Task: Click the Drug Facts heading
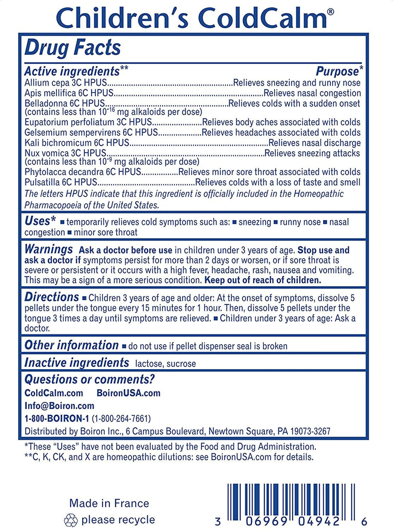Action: pyautogui.click(x=73, y=48)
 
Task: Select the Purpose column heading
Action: pyautogui.click(x=337, y=71)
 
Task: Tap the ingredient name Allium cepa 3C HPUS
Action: pyautogui.click(x=65, y=83)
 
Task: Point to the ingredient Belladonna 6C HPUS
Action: pyautogui.click(x=64, y=103)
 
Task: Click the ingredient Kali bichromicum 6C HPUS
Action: pyautogui.click(x=77, y=143)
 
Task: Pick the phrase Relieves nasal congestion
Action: pyautogui.click(x=312, y=93)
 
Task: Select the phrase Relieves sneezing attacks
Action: pyautogui.click(x=312, y=153)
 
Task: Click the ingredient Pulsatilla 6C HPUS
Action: pyautogui.click(x=61, y=182)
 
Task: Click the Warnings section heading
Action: pyautogui.click(x=48, y=250)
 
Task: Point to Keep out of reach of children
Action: pyautogui.click(x=263, y=280)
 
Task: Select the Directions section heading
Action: pyautogui.click(x=51, y=297)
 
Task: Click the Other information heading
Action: pyautogui.click(x=71, y=345)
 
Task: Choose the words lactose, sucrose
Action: pyautogui.click(x=165, y=364)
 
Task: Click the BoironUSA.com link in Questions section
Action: pyautogui.click(x=129, y=393)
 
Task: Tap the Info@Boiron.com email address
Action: pyautogui.click(x=59, y=406)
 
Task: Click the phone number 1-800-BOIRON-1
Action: pyautogui.click(x=56, y=418)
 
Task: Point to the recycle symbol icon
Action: pyautogui.click(x=71, y=520)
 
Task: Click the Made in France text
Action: pyautogui.click(x=109, y=503)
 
